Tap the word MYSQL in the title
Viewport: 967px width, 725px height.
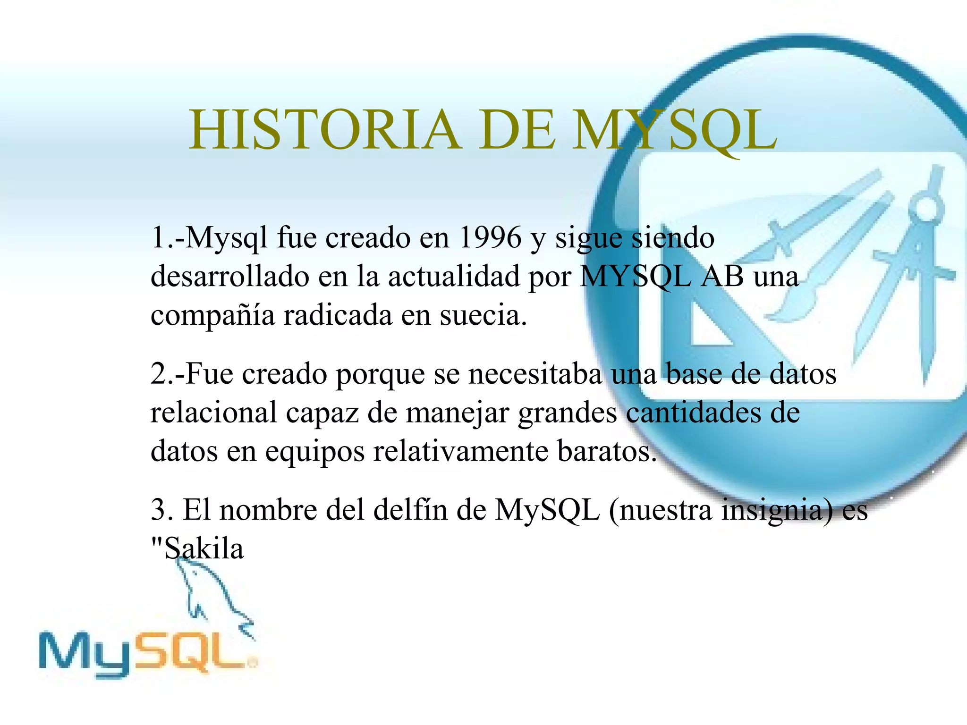tap(674, 130)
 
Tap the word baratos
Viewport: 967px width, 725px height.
tap(607, 451)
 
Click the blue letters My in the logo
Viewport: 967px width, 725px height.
tap(85, 654)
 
